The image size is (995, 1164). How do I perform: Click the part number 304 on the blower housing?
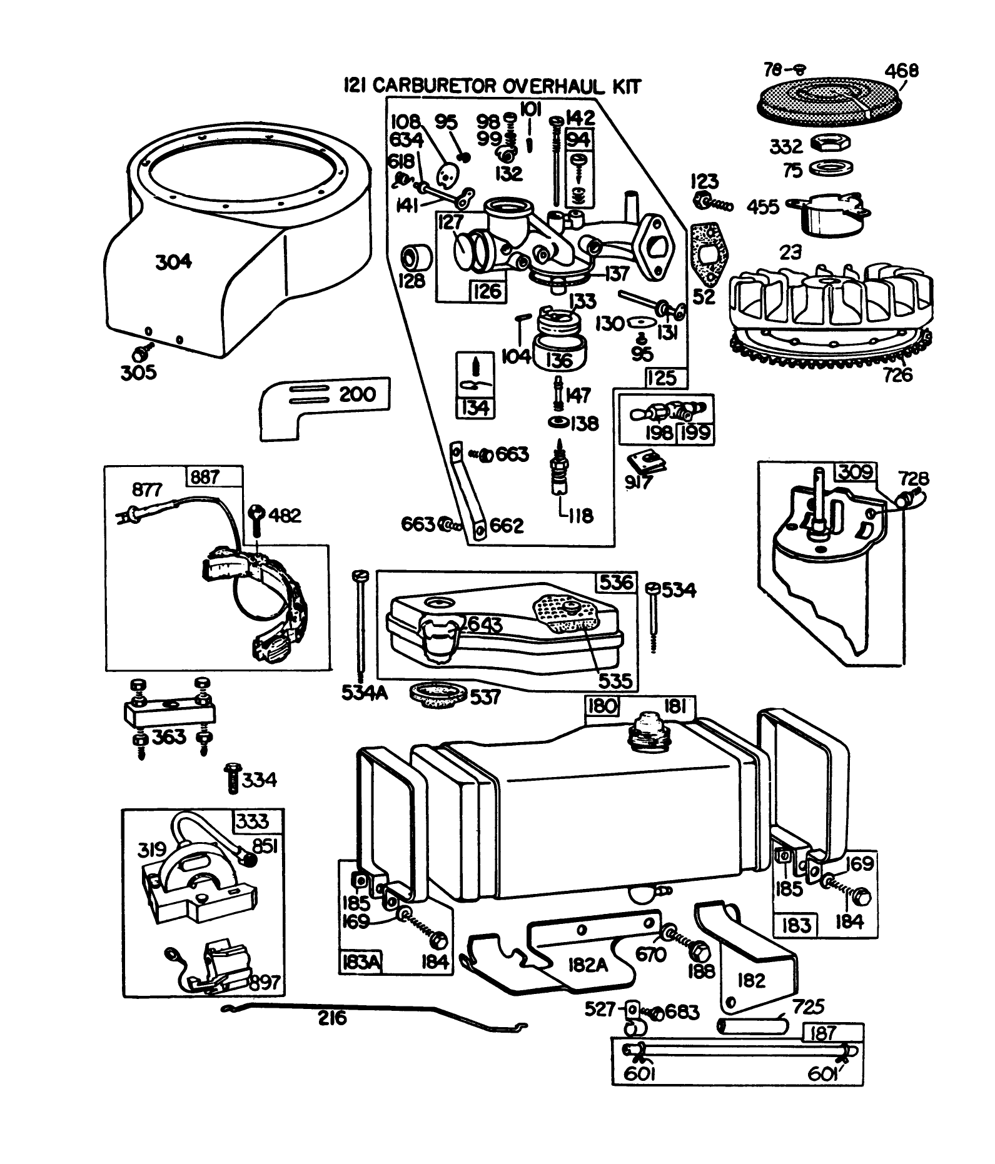(173, 261)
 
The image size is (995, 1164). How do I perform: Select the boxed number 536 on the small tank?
(616, 583)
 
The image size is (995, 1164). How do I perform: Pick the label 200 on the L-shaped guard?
(357, 394)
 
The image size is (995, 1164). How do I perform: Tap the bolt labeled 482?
(257, 515)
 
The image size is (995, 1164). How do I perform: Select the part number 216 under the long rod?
(331, 1019)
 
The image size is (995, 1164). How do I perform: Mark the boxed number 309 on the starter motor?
(856, 473)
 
